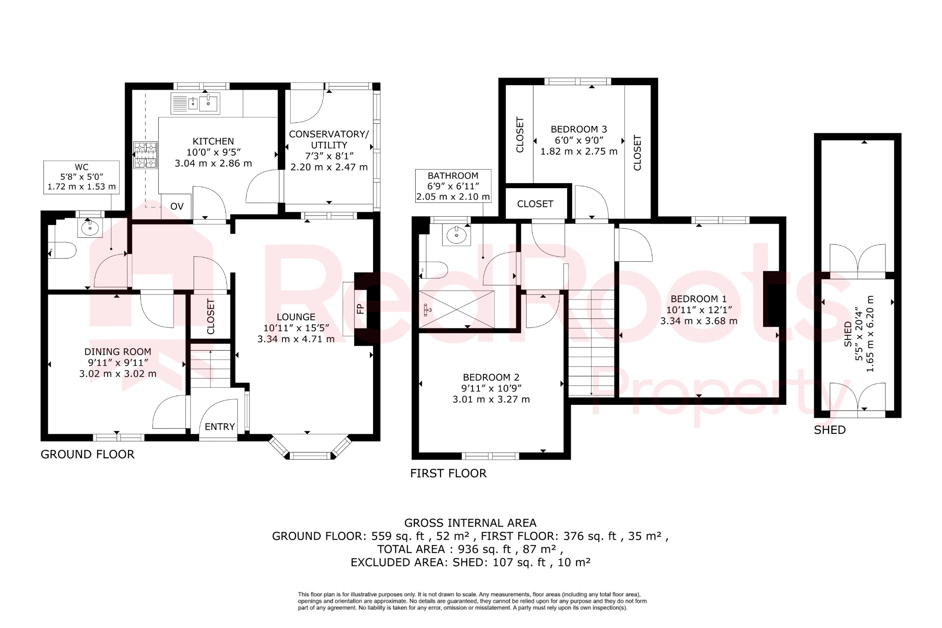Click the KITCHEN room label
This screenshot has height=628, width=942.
pyautogui.click(x=213, y=141)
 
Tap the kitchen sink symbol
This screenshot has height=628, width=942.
pyautogui.click(x=196, y=104)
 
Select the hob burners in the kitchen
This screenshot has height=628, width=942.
pyautogui.click(x=145, y=155)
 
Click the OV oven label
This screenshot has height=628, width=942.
pyautogui.click(x=177, y=207)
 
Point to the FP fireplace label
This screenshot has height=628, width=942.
pyautogui.click(x=360, y=308)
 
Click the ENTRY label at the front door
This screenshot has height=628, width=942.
pyautogui.click(x=219, y=427)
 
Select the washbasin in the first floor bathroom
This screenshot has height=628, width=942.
pyautogui.click(x=456, y=236)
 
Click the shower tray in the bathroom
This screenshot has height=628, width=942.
pyautogui.click(x=456, y=309)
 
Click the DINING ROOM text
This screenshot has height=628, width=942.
pyautogui.click(x=118, y=351)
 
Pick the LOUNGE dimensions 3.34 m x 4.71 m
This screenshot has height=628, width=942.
pyautogui.click(x=296, y=339)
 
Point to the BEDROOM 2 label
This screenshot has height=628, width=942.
pyautogui.click(x=491, y=377)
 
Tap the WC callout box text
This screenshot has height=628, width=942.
pyautogui.click(x=81, y=177)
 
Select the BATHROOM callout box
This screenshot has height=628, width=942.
pyautogui.click(x=453, y=186)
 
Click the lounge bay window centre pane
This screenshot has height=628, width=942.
pyautogui.click(x=311, y=455)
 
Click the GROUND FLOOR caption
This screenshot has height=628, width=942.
pyautogui.click(x=87, y=455)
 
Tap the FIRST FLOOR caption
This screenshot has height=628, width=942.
pyautogui.click(x=448, y=473)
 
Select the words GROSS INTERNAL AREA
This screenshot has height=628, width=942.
pyautogui.click(x=470, y=523)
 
